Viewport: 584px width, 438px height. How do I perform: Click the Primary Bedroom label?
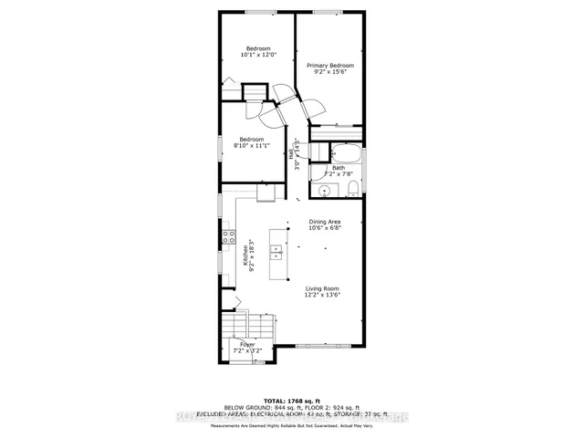click(x=329, y=66)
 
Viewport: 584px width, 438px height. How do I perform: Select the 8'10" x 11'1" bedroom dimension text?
click(x=252, y=146)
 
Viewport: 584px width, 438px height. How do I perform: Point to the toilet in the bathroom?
click(x=352, y=189)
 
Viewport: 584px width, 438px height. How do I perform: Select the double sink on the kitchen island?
click(x=276, y=251)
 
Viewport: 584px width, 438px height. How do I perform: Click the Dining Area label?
click(x=324, y=222)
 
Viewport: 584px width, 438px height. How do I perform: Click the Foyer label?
click(x=247, y=344)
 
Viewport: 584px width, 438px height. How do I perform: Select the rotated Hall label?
click(x=293, y=156)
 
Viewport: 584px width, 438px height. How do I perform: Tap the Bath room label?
click(x=339, y=168)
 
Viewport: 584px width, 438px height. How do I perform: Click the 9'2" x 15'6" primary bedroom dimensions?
click(x=329, y=73)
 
